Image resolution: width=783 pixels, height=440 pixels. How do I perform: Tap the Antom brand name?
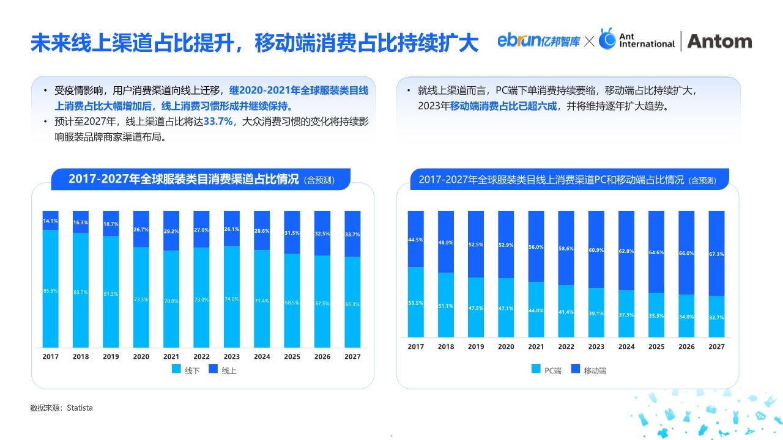pos(719,41)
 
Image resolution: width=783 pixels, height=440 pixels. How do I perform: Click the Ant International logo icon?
pos(607,39)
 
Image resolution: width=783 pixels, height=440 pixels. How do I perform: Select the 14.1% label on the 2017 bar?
pos(50,221)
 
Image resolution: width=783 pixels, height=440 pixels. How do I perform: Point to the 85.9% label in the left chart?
pos(50,291)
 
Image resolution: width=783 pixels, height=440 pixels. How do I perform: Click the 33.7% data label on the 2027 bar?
pos(352,234)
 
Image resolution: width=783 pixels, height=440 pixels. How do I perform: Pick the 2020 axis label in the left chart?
pos(141,356)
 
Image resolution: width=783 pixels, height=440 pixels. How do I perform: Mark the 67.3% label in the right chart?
pos(716,254)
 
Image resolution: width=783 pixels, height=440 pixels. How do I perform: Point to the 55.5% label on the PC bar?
pos(416,303)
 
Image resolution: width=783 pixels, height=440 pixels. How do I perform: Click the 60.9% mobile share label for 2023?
pos(596,251)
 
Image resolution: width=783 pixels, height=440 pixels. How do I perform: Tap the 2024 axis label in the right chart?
pos(626,346)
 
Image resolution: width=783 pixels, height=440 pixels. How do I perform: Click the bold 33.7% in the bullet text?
pos(218,121)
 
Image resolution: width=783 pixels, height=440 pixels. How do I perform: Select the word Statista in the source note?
pos(80,408)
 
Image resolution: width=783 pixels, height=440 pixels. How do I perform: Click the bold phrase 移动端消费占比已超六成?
pos(503,106)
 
